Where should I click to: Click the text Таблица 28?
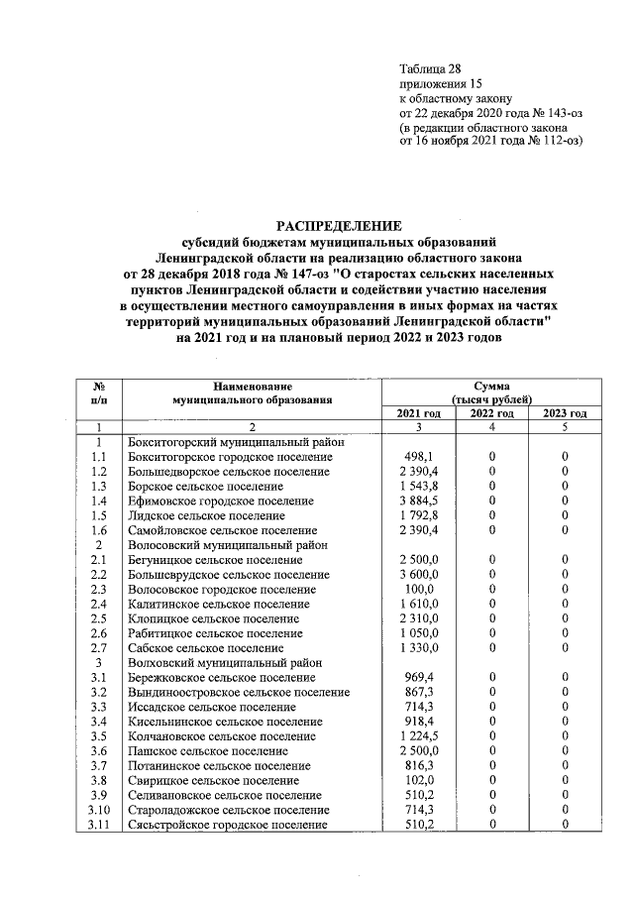430,68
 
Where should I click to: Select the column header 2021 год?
418,413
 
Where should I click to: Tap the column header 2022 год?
491,413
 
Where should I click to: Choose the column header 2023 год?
565,413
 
